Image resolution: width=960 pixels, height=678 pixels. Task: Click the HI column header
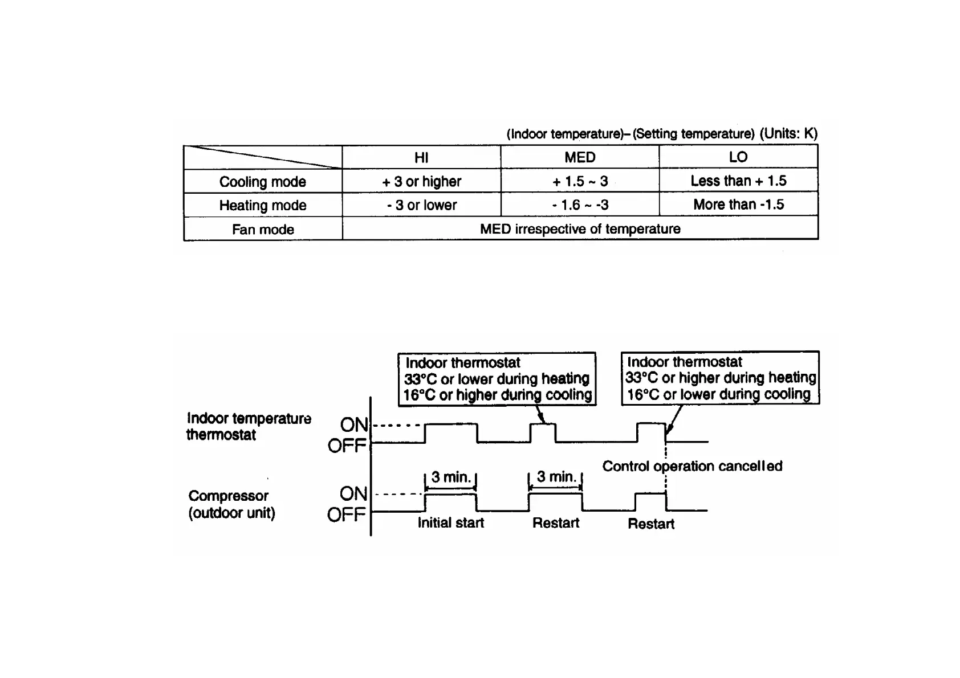[x=421, y=158]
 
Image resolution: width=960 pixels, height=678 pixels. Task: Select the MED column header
[x=580, y=157]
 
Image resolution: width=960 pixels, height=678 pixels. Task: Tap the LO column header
[x=738, y=157]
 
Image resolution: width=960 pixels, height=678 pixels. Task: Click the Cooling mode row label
[x=263, y=182]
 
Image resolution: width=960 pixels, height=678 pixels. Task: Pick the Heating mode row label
[x=263, y=205]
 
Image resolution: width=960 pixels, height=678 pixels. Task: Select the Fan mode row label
[x=263, y=230]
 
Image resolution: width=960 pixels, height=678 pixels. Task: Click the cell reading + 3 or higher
[x=421, y=182]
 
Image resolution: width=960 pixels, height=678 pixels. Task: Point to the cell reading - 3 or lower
[x=421, y=205]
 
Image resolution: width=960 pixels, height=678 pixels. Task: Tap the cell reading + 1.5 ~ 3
[x=580, y=182]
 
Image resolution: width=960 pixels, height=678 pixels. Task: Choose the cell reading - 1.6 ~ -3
[x=580, y=205]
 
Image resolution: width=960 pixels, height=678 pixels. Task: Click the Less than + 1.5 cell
[x=738, y=181]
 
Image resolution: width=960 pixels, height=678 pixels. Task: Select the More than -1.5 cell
[x=738, y=205]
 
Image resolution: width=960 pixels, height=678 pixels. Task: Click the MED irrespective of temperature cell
[x=580, y=229]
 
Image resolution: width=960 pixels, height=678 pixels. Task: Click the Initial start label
[x=450, y=523]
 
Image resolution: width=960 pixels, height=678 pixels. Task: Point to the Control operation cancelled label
[x=692, y=467]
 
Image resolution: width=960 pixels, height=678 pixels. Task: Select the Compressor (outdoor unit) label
[x=231, y=504]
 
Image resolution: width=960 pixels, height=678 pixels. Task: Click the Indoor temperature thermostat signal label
[x=249, y=426]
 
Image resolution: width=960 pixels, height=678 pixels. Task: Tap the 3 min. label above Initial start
[x=451, y=477]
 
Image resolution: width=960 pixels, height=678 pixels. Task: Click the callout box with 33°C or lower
[x=497, y=379]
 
